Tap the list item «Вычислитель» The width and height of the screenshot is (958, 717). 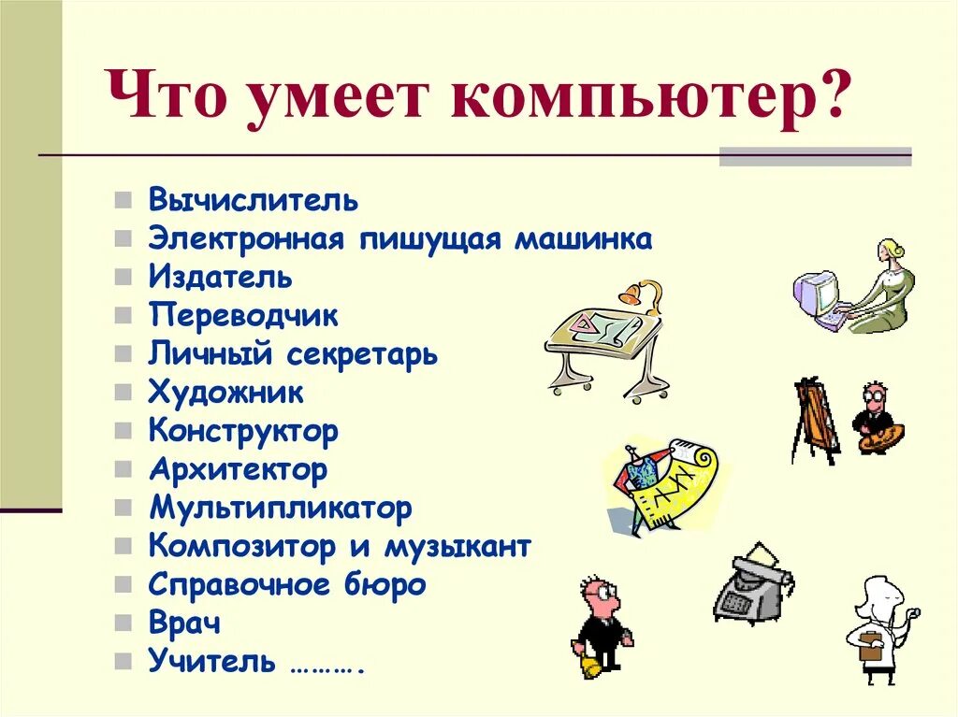[253, 200]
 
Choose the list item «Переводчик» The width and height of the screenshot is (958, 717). [242, 316]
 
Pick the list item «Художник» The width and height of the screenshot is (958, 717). [225, 393]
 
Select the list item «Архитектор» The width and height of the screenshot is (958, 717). [238, 469]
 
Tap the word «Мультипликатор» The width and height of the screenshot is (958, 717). [280, 509]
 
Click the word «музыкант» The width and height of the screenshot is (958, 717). [457, 546]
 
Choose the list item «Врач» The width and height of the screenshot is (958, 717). [184, 623]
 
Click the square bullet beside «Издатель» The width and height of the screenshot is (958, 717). [123, 278]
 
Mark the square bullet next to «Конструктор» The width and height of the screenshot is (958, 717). [123, 432]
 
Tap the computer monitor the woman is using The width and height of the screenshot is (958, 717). [814, 292]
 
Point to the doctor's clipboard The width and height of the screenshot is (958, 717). [869, 646]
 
